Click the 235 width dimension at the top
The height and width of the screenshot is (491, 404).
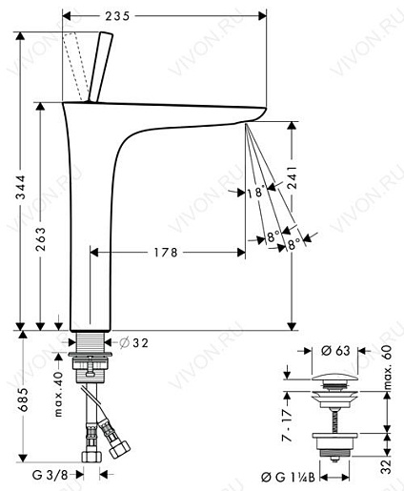(117, 16)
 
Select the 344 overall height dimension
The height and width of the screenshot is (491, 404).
(21, 187)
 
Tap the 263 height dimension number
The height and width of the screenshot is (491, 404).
(40, 239)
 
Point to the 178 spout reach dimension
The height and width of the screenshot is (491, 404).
(166, 253)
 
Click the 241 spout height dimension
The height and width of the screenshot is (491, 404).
(293, 177)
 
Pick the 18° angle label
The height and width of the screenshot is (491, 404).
(256, 192)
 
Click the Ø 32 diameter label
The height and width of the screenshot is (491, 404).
(134, 343)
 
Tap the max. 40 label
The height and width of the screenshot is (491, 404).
(58, 395)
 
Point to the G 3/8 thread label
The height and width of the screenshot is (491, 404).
(50, 475)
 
